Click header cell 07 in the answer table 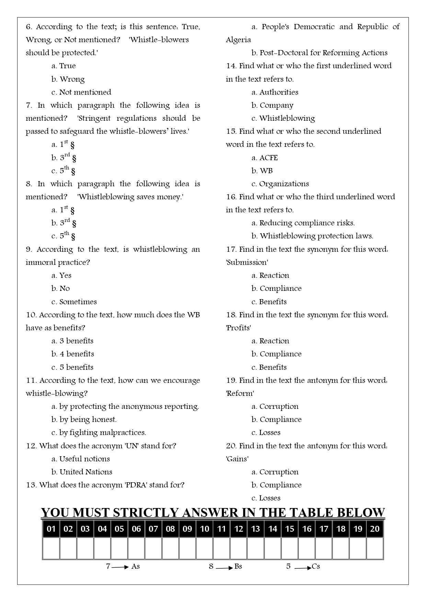click(153, 529)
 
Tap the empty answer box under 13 click(256, 548)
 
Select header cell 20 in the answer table click(375, 529)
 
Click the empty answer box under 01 click(51, 548)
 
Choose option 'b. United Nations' click(82, 472)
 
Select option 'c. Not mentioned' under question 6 click(81, 92)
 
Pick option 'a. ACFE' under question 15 click(265, 158)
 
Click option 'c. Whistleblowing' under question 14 click(283, 118)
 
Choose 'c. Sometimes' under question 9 click(74, 302)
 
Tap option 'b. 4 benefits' click(73, 354)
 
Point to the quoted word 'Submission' click(247, 262)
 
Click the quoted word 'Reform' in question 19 click(240, 393)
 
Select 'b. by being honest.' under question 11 click(84, 420)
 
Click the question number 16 click(230, 197)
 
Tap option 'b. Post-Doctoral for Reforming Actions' click(319, 53)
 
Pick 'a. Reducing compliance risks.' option click(303, 223)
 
